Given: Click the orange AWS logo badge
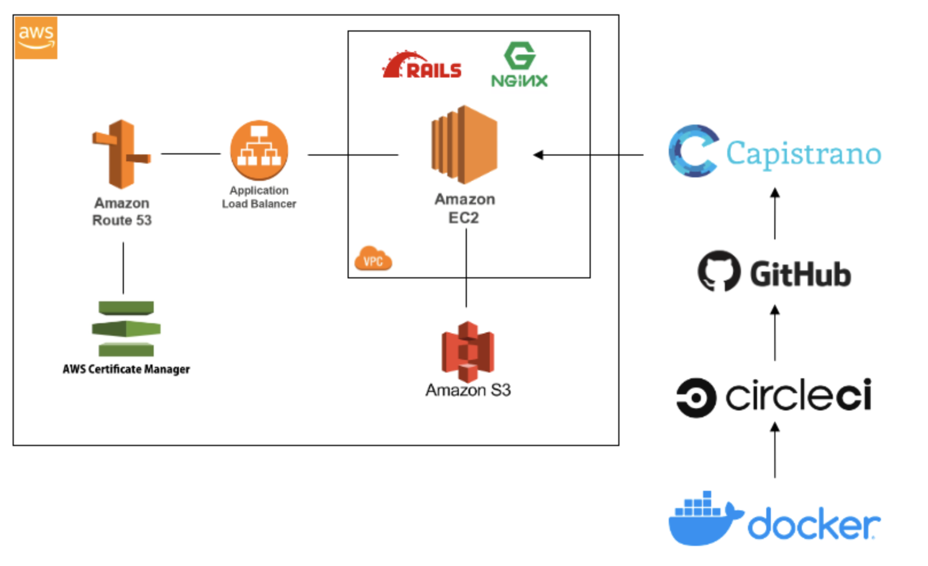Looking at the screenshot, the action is [36, 38].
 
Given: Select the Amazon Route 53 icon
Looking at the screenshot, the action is [122, 154].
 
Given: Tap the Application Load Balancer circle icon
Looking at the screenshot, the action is [259, 150].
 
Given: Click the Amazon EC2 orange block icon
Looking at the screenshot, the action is [464, 144].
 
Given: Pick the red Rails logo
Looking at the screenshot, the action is [422, 65].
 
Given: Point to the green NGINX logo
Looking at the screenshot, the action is [520, 64].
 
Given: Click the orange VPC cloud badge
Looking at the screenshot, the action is [373, 258].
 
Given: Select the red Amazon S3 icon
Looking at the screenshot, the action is [468, 352].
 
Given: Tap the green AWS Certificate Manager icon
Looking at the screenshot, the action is [126, 328].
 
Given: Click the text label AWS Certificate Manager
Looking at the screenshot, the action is [126, 369].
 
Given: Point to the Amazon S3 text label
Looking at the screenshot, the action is [468, 390].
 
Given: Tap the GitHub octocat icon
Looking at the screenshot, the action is [719, 271].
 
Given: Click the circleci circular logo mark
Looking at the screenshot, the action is [696, 398].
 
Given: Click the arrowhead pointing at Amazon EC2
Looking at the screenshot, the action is [538, 154].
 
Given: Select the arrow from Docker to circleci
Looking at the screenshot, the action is [775, 450].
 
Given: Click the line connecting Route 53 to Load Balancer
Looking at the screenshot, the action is [191, 154].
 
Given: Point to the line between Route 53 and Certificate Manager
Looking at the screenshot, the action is [123, 268].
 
